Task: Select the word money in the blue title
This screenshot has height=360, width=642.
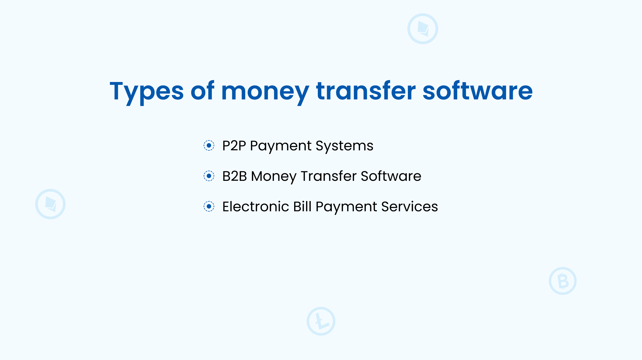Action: pyautogui.click(x=265, y=91)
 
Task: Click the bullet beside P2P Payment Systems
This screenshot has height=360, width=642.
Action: pyautogui.click(x=209, y=145)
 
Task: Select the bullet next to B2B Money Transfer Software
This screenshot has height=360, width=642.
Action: pyautogui.click(x=209, y=176)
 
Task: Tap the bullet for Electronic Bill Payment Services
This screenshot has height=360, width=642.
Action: pyautogui.click(x=209, y=206)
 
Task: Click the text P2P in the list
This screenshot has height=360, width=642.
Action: pyautogui.click(x=234, y=146)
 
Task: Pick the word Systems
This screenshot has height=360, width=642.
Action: pyautogui.click(x=345, y=146)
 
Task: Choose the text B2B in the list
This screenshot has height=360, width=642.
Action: pyautogui.click(x=234, y=176)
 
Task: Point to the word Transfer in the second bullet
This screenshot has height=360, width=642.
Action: pyautogui.click(x=329, y=176)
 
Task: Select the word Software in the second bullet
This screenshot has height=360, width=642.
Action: pyautogui.click(x=391, y=176)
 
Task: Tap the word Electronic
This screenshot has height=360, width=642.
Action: pyautogui.click(x=256, y=207)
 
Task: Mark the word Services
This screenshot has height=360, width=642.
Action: pyautogui.click(x=410, y=207)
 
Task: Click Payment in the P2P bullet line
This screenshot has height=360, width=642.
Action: pyautogui.click(x=281, y=146)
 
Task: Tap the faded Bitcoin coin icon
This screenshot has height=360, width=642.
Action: pyautogui.click(x=563, y=281)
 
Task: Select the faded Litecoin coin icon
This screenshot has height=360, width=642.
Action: pyautogui.click(x=321, y=321)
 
